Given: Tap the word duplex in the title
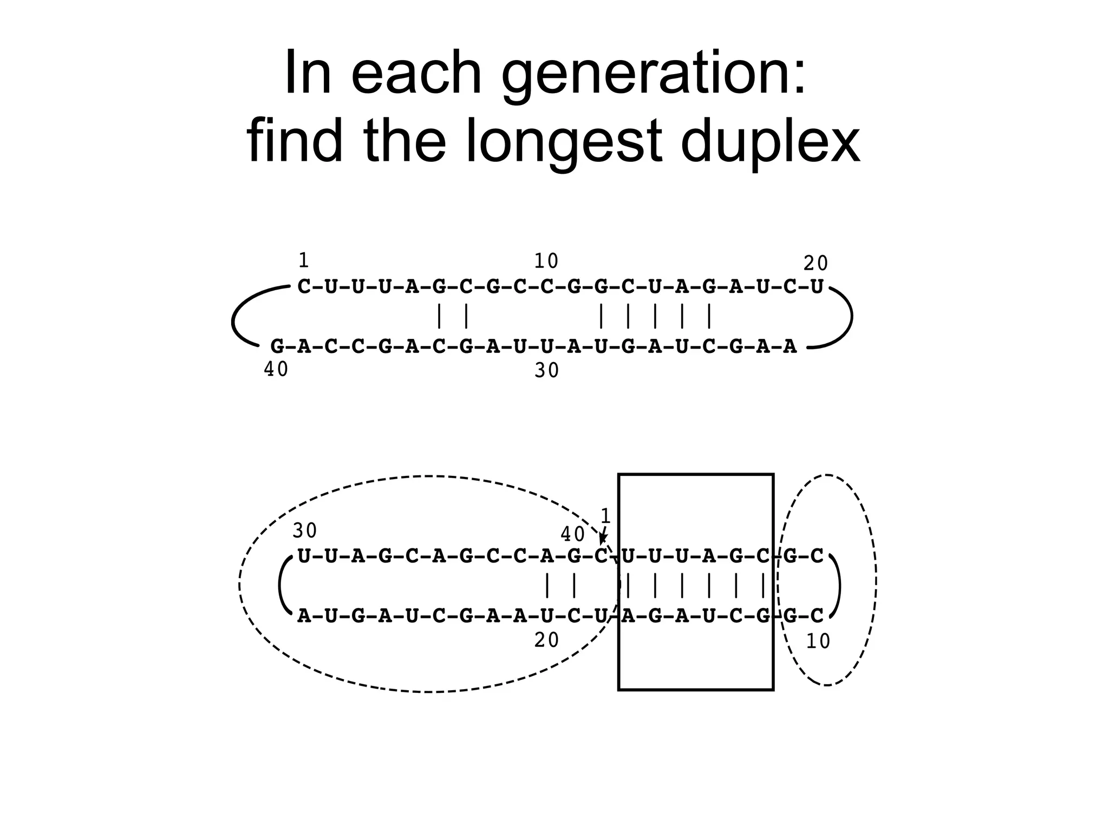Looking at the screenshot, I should click(769, 142).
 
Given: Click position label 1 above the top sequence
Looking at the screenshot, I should click(304, 260).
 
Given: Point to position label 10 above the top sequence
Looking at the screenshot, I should click(546, 261).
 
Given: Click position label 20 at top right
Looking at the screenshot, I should click(815, 264).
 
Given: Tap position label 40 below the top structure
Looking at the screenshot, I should click(276, 369).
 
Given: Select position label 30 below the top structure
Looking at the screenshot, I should click(546, 371).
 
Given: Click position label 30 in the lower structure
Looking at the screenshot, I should click(305, 531).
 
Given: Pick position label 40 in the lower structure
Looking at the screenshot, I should click(573, 534).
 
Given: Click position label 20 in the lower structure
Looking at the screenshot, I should click(546, 640).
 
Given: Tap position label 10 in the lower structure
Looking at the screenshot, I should click(818, 642).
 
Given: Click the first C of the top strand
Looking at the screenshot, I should click(304, 286).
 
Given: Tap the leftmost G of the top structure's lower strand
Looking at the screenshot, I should click(277, 346).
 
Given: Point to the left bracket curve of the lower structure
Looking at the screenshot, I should click(282, 585).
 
